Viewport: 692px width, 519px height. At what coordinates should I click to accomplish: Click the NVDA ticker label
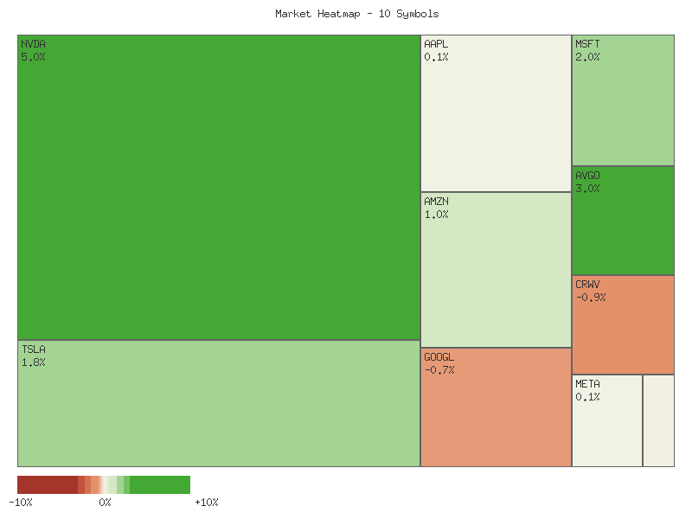[34, 44]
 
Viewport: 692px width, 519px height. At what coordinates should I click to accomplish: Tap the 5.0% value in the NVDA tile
[34, 57]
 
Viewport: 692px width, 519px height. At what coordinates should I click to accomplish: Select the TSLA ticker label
[34, 349]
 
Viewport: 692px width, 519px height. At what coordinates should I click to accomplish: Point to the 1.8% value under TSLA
[34, 362]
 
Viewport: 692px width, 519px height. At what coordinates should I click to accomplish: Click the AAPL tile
[496, 113]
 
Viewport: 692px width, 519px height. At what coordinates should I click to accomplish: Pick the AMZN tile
[496, 269]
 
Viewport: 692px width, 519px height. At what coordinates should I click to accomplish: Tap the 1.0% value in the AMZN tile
[436, 215]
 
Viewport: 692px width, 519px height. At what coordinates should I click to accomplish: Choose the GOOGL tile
[496, 407]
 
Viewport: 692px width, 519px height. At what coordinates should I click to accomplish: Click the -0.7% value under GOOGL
[439, 370]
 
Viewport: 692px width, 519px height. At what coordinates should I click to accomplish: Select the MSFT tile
[623, 100]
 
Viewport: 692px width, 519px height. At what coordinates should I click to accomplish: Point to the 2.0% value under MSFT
[587, 57]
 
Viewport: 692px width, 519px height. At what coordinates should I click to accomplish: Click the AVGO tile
[623, 221]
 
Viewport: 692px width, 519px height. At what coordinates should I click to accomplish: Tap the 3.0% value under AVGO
[587, 189]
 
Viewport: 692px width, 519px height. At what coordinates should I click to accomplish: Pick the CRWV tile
[623, 324]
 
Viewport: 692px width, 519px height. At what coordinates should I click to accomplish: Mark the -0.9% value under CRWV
[591, 298]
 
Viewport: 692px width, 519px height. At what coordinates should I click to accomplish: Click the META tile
[607, 420]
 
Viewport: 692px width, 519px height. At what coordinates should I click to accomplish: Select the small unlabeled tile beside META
[658, 420]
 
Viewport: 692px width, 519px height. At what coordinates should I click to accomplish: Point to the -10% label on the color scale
[21, 503]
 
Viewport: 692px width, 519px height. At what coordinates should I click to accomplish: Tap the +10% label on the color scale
[207, 503]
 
